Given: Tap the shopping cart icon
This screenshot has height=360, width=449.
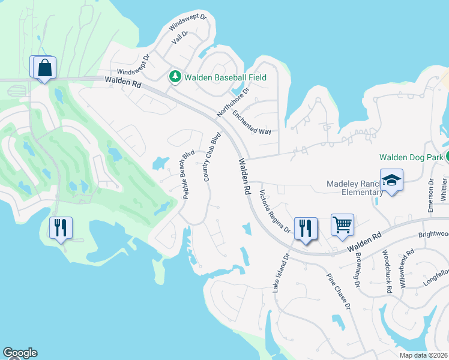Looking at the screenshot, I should (x=342, y=226).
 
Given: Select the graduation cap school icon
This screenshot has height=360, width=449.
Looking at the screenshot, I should (x=391, y=181).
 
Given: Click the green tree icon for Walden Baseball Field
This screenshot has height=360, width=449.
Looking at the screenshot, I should (x=175, y=77).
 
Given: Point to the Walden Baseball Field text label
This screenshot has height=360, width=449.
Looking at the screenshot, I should (x=225, y=77).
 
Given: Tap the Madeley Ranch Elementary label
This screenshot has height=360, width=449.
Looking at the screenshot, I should (x=354, y=188).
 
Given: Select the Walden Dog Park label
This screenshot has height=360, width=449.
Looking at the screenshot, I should (x=411, y=157).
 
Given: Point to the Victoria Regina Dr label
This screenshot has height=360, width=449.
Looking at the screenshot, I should (x=274, y=212).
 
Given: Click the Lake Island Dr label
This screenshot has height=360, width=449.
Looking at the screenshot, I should (x=281, y=272).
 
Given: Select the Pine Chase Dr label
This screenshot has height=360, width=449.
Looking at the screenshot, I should (x=338, y=292).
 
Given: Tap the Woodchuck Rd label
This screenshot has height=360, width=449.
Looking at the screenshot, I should (x=387, y=271).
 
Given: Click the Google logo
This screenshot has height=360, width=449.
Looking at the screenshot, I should (x=20, y=353).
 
